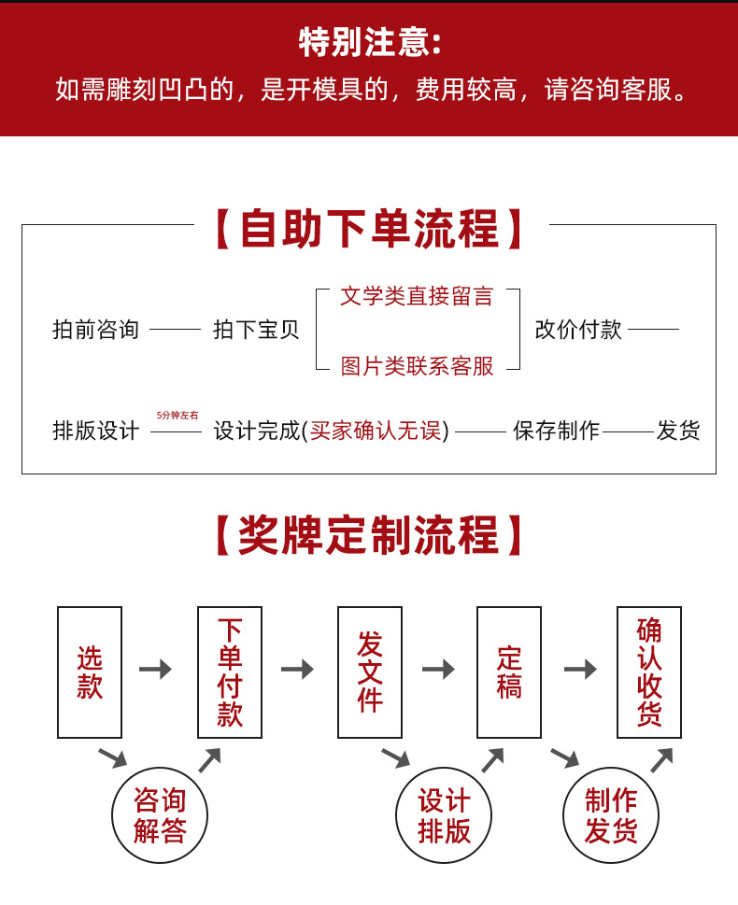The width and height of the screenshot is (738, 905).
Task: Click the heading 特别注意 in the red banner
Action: (x=369, y=42)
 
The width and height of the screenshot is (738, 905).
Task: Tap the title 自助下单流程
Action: (x=370, y=230)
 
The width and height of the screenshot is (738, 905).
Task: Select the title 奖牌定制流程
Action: (x=370, y=536)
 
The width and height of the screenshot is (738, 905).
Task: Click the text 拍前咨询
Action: (x=95, y=330)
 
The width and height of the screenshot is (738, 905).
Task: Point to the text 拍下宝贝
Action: (x=256, y=330)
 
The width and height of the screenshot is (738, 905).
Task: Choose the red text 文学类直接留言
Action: (x=417, y=297)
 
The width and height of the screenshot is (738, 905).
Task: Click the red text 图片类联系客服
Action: (x=417, y=366)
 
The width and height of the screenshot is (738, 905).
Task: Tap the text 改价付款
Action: (x=578, y=330)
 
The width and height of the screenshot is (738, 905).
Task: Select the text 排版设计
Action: (x=95, y=431)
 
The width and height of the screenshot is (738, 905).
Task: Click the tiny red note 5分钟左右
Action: (x=177, y=416)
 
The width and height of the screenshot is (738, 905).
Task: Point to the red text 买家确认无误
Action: (x=378, y=431)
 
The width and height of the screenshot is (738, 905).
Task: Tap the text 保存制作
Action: (x=556, y=431)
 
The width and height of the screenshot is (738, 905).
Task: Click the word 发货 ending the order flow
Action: (x=677, y=431)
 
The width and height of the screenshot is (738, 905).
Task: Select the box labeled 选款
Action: (x=90, y=672)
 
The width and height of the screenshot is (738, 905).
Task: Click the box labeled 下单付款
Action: (x=230, y=672)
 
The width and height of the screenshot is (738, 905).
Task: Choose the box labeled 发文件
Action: (x=370, y=672)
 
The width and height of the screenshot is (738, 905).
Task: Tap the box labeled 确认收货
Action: (x=649, y=672)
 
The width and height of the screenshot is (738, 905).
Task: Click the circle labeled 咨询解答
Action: (x=160, y=814)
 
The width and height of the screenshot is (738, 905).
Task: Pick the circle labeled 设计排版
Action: (x=444, y=814)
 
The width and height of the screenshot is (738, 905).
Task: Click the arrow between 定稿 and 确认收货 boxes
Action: (x=580, y=670)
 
